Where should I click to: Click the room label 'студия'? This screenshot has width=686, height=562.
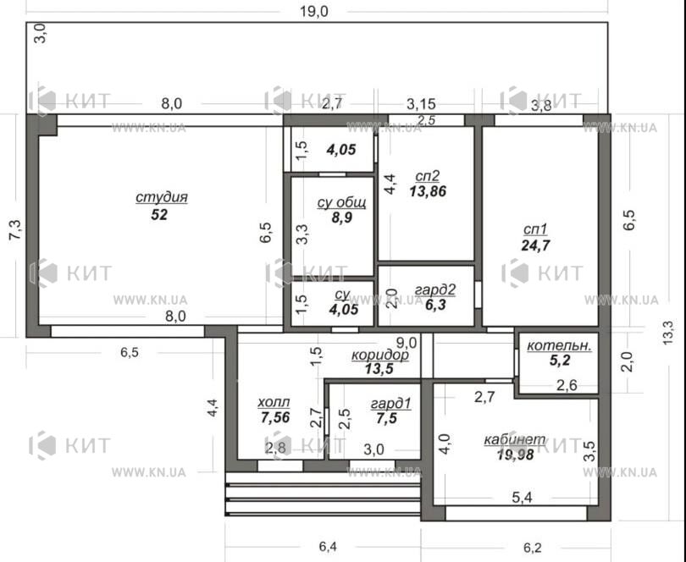[162, 198]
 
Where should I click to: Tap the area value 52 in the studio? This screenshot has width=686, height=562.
[159, 215]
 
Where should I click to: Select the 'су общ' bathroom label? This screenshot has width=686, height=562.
[341, 202]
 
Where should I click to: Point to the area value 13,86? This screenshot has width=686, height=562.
[428, 191]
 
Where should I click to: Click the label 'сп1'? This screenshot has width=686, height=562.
[535, 229]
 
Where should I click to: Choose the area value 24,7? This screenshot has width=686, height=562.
[535, 245]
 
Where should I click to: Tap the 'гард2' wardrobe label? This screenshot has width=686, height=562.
[435, 289]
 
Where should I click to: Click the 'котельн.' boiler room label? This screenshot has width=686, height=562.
[559, 345]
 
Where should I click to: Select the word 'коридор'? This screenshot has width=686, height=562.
[380, 355]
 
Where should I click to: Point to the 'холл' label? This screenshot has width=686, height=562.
[274, 401]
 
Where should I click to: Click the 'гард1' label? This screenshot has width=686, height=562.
[390, 403]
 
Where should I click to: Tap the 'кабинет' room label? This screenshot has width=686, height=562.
[515, 439]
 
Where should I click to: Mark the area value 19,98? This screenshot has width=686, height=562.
[516, 455]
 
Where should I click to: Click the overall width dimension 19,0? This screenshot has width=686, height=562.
[313, 11]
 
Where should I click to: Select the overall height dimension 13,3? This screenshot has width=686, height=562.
[667, 333]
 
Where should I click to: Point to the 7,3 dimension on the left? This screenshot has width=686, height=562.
[14, 229]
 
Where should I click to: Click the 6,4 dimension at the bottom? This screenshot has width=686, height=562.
[328, 546]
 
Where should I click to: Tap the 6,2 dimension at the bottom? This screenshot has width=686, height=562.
[532, 547]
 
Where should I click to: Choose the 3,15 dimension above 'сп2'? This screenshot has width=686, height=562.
[421, 103]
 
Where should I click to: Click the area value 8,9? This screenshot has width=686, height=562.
[341, 217]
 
